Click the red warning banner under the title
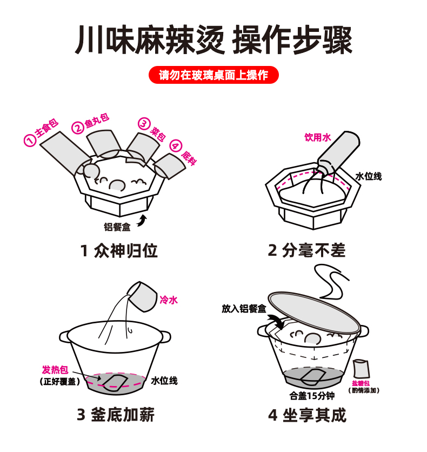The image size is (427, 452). point(213,75)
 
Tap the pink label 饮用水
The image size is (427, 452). point(318,137)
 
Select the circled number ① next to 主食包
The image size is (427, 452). point(30,141)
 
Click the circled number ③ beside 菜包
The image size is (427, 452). point(144,123)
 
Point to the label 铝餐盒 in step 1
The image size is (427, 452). point(117,227)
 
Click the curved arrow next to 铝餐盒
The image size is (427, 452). point(142,221)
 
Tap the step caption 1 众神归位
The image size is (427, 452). point(119,251)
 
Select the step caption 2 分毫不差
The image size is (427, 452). point(306,250)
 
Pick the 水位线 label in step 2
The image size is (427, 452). point(369,176)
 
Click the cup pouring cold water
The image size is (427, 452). point(142,297)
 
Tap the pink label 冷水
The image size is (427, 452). point(169,300)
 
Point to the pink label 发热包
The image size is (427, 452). point(55,370)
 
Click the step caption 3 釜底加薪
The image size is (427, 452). point(116,415)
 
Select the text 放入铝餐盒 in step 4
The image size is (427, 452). point(244,309)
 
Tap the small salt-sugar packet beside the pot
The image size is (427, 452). point(361,369)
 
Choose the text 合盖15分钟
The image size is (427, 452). point(312,396)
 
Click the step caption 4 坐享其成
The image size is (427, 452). point(307,415)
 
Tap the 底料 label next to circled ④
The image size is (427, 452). point(189,158)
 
